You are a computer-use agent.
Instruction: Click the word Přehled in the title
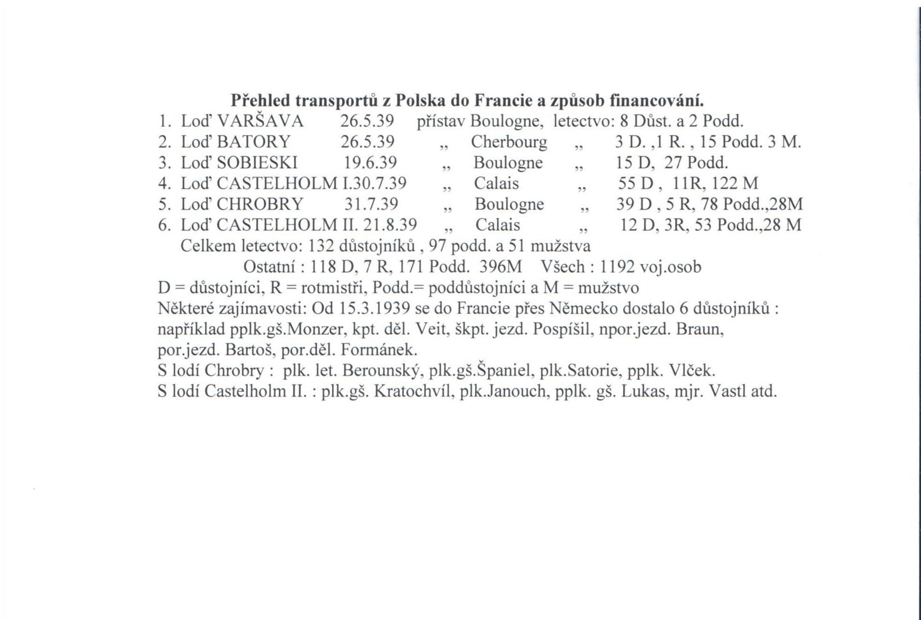[x=260, y=100]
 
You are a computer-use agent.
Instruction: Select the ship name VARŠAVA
[x=260, y=121]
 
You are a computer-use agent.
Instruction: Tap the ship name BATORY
[x=253, y=142]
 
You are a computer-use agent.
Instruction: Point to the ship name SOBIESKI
[x=257, y=163]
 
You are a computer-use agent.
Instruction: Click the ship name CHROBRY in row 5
[x=260, y=204]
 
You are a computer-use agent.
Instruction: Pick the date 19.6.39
[x=370, y=163]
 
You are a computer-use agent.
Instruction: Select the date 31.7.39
[x=371, y=204]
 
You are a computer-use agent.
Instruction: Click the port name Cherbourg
[x=509, y=142]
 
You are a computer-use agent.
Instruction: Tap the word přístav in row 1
[x=441, y=121]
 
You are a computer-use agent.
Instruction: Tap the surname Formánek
[x=379, y=350]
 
